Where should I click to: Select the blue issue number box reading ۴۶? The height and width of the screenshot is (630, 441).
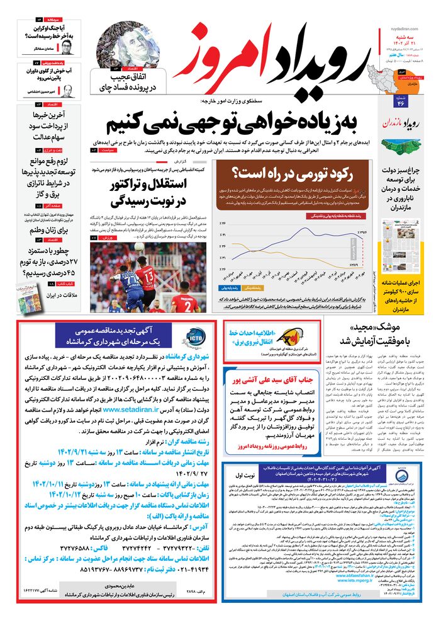(x=399, y=103)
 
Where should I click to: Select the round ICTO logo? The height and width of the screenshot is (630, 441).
(x=191, y=338)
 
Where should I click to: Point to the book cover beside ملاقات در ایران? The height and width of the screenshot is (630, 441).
(x=30, y=297)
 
